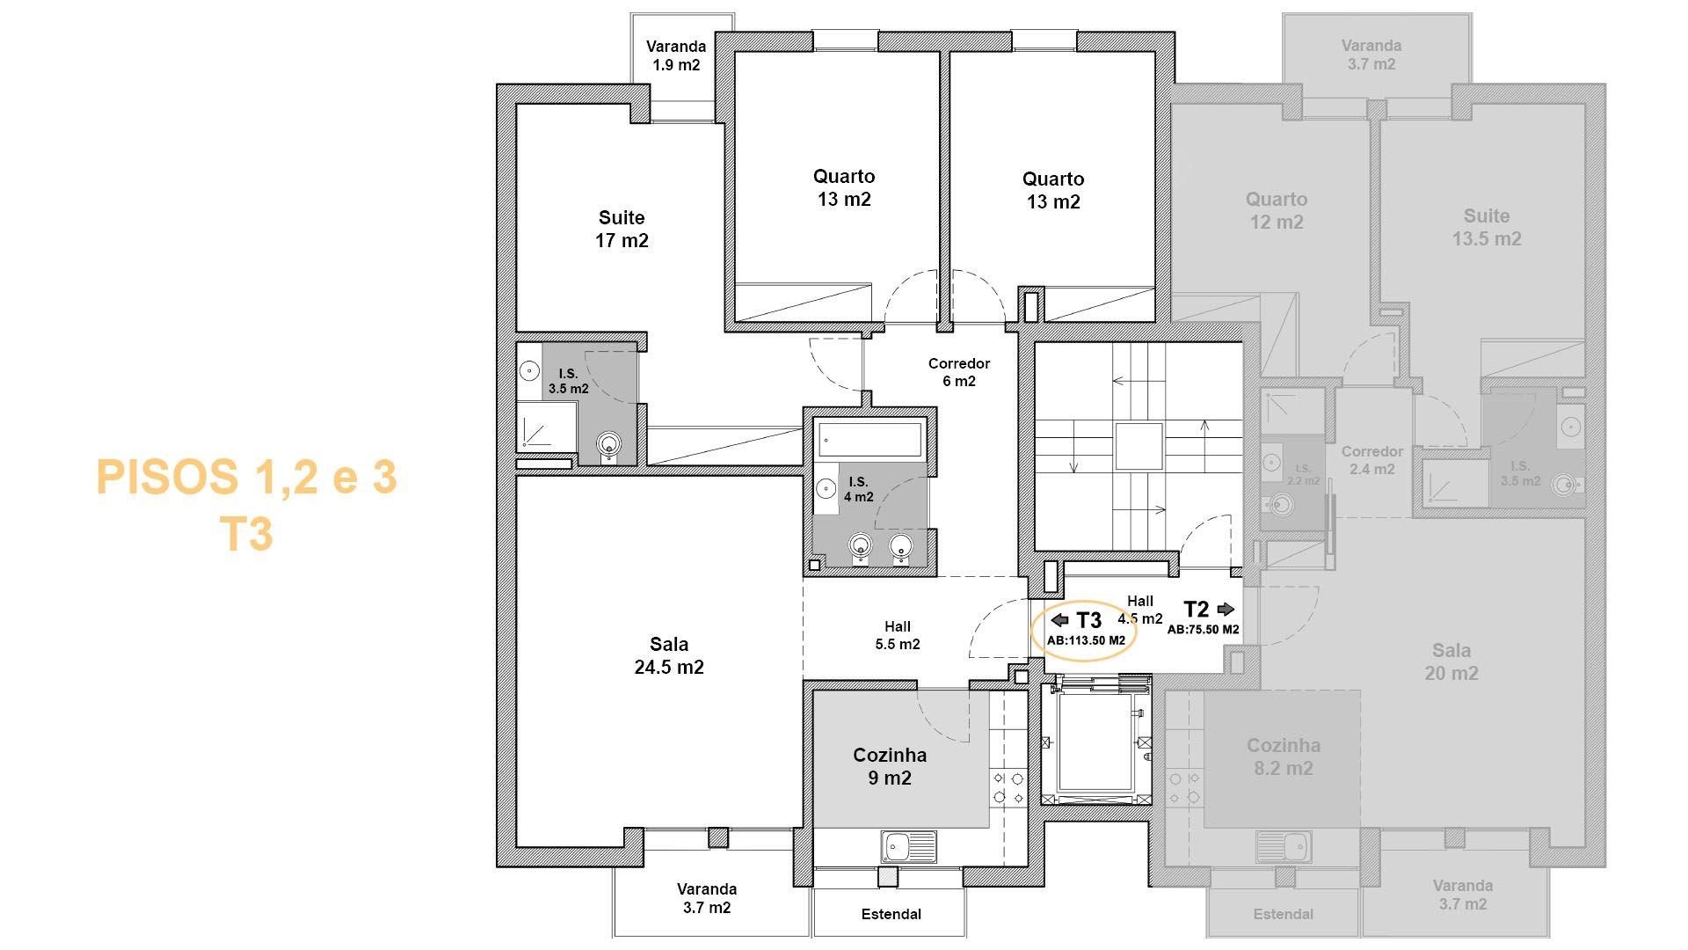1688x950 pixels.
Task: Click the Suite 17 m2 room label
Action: [x=622, y=229]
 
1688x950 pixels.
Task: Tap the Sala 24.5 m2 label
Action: [x=669, y=655]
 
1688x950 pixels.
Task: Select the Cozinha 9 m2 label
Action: [x=890, y=766]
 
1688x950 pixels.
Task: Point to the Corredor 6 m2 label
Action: [x=959, y=372]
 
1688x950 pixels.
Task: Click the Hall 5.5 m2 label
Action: [x=898, y=635]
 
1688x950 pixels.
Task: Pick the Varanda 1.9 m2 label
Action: [x=676, y=55]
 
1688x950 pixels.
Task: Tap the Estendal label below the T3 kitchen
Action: [x=891, y=914]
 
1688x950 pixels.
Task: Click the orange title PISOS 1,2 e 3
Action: [x=246, y=477]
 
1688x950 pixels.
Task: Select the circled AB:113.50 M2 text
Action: [x=1086, y=640]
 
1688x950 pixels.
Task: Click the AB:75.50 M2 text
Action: [x=1203, y=630]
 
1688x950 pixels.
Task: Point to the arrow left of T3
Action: [x=1060, y=620]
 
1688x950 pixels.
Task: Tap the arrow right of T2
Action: [x=1226, y=609]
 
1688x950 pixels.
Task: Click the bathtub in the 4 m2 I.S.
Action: [x=869, y=437]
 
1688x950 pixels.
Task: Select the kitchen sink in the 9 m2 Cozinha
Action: [x=909, y=847]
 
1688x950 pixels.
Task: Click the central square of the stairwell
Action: [x=1139, y=446]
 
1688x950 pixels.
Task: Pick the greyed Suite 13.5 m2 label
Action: [x=1487, y=227]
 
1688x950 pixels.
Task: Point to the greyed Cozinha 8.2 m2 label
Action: [x=1284, y=756]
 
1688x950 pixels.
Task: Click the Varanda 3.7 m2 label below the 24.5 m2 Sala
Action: [x=707, y=898]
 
